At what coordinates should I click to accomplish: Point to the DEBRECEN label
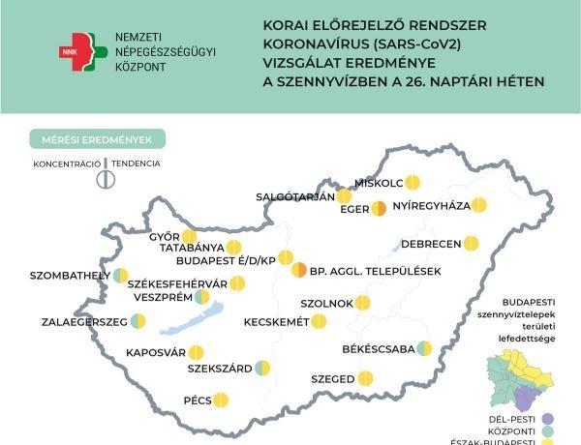click(430, 243)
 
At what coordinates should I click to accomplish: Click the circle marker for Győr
click(189, 237)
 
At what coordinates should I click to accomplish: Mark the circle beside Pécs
click(220, 399)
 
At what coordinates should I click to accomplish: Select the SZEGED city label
click(333, 379)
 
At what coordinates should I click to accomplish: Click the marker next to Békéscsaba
click(424, 348)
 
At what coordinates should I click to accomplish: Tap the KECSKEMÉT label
click(276, 321)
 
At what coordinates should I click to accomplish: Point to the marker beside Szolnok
click(363, 303)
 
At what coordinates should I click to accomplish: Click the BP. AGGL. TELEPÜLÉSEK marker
click(301, 271)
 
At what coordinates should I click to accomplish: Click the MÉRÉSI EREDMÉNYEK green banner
click(97, 139)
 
